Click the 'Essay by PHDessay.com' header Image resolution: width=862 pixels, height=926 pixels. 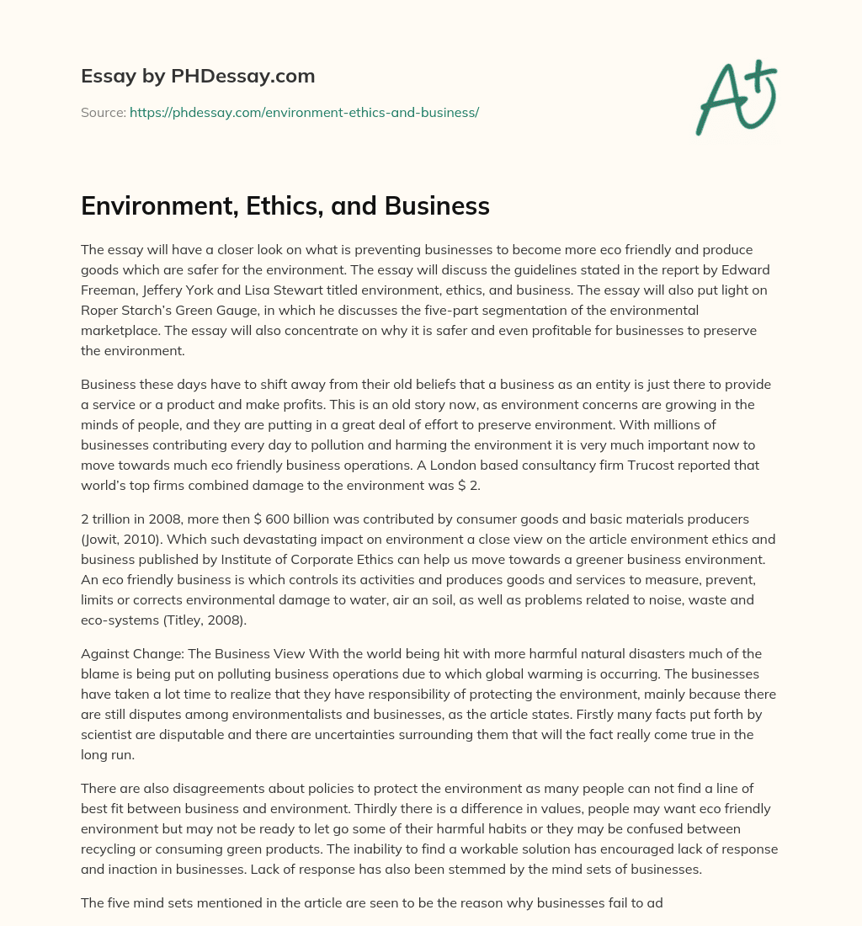pos(198,77)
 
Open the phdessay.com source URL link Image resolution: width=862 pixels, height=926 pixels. pos(304,112)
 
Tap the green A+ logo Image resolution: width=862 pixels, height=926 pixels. pos(735,98)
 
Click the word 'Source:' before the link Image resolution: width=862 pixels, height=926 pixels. pos(103,112)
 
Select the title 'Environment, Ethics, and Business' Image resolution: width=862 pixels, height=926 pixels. pos(285,206)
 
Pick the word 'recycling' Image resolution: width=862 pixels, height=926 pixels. pos(109,848)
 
